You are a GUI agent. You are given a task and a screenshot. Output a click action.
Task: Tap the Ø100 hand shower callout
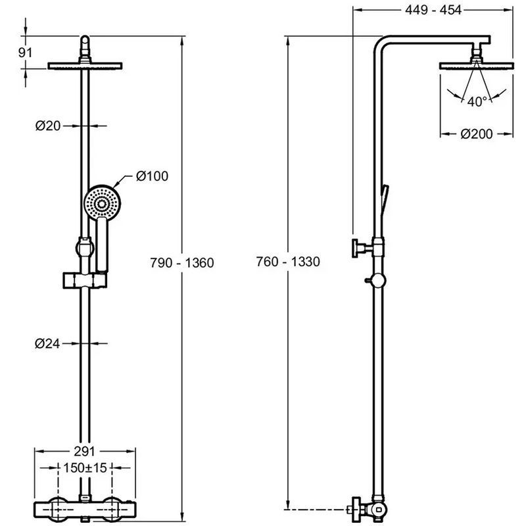tap(153, 176)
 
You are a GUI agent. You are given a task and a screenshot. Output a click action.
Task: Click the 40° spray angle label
tap(477, 101)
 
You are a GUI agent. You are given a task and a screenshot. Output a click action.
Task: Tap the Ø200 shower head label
tap(477, 134)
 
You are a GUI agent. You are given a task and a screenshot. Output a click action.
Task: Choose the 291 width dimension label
tap(84, 452)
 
